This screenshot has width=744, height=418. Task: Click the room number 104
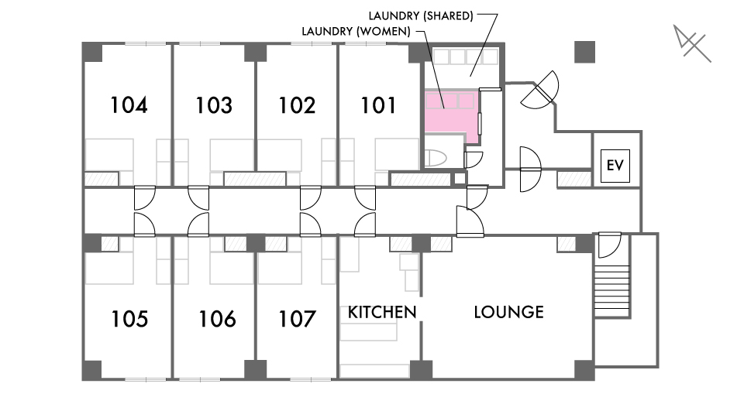point(129,105)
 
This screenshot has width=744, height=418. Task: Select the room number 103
point(214,105)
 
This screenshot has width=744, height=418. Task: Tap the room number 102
point(297,105)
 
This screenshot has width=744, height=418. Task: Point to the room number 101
point(378,105)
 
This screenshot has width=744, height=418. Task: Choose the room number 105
point(129,319)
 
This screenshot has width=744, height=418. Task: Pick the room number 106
point(217,319)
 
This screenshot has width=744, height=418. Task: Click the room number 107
point(297,319)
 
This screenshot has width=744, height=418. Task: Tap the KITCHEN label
point(382,312)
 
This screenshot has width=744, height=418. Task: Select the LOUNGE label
point(509,312)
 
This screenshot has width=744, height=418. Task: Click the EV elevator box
point(615,166)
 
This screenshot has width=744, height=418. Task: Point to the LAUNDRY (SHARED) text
point(421,16)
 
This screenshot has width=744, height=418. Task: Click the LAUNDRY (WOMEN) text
point(356,32)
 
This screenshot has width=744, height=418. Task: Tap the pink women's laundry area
point(451,114)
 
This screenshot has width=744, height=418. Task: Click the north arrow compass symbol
point(692,43)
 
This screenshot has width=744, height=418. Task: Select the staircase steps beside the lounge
point(612,290)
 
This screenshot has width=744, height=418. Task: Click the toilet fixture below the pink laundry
point(435,158)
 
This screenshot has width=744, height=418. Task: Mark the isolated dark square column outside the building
point(584,52)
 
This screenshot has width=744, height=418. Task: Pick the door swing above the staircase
point(609,245)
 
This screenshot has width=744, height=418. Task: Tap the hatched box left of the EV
point(573,179)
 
